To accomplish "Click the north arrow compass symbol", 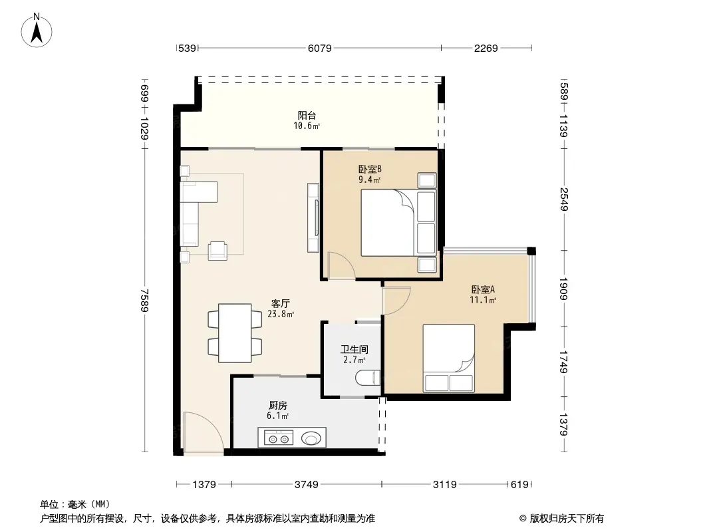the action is tap(37, 31).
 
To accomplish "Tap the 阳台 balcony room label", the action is tap(307, 116).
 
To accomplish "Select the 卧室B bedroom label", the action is tap(370, 169).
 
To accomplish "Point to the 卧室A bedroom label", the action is tap(483, 289).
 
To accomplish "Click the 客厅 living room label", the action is tap(281, 304).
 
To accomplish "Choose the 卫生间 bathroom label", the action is tap(354, 349).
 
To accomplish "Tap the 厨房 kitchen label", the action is tap(277, 406).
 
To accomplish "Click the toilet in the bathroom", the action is tap(368, 378).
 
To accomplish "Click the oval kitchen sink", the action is tap(311, 438).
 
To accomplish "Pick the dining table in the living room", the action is tap(235, 333).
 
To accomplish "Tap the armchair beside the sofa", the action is tap(217, 251).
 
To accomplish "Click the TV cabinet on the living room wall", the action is tap(313, 217).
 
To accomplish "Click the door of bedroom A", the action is tap(396, 301).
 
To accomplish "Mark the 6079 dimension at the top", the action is tap(320, 48).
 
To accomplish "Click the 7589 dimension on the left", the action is tap(144, 300).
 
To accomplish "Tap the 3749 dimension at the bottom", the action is tap(306, 485).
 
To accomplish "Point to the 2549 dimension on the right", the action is tap(563, 199).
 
